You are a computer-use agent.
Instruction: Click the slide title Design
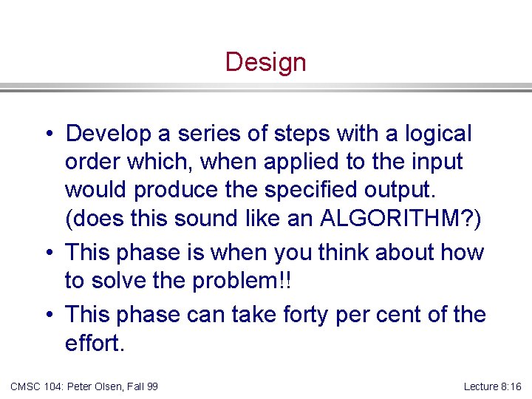pos(265,62)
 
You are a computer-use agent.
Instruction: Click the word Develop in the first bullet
pos(106,134)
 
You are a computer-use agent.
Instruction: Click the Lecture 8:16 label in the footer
pos(492,386)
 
